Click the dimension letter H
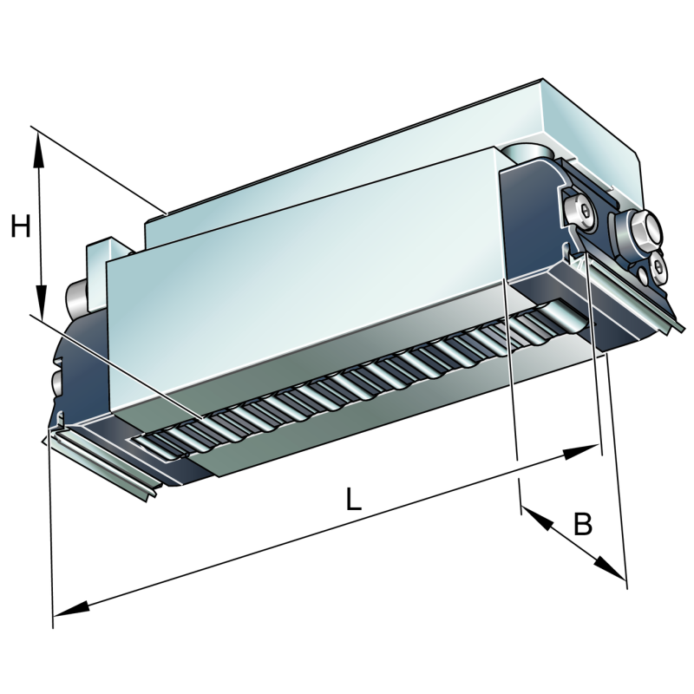[21, 227]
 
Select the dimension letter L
[353, 500]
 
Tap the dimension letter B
[583, 524]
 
